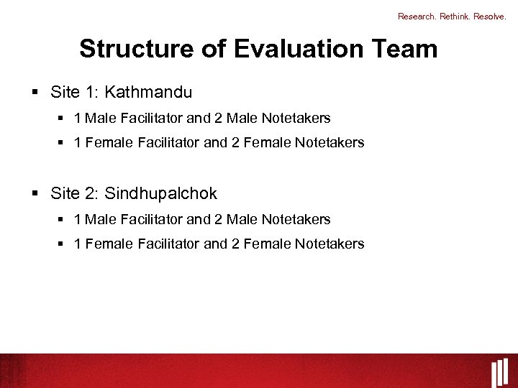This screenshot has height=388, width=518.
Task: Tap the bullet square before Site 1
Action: (35, 93)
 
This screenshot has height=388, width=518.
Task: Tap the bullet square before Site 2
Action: (35, 194)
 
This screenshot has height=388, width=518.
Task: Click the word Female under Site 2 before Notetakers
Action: (264, 244)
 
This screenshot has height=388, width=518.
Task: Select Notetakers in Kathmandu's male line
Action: (296, 118)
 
